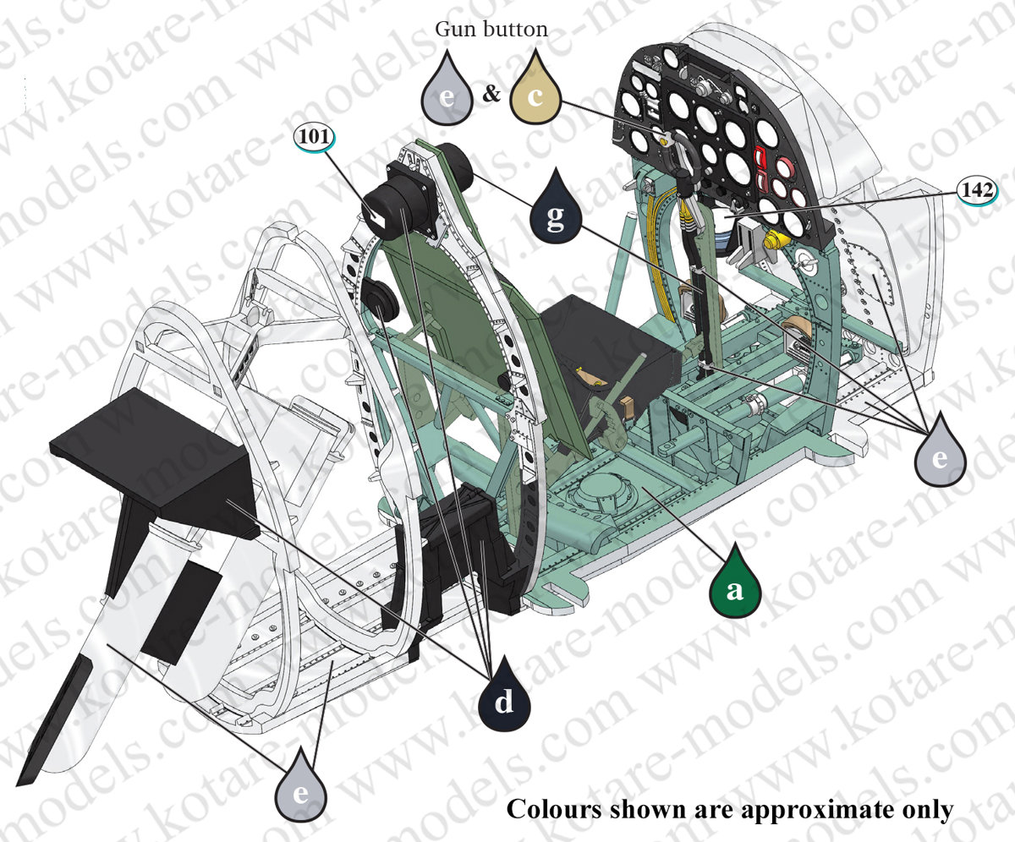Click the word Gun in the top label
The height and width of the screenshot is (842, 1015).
(x=451, y=30)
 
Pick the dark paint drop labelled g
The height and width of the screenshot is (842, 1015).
(x=556, y=205)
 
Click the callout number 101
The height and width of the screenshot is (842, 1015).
(x=315, y=136)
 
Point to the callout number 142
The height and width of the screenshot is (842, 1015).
(x=978, y=190)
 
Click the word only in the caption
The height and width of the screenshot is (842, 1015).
(x=928, y=811)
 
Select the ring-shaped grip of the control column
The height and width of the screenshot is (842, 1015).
(x=683, y=151)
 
